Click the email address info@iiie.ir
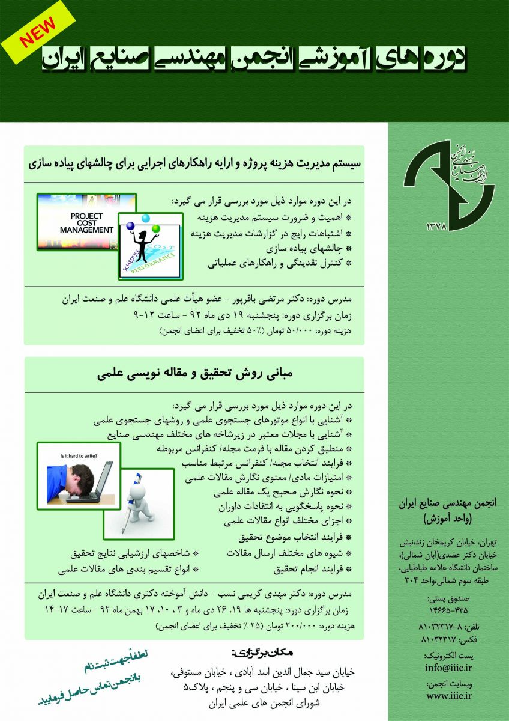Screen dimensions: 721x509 [448, 668]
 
